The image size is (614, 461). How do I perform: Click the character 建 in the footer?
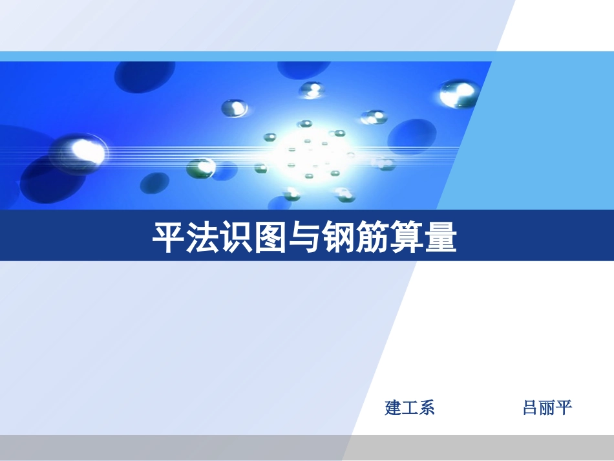click(393, 408)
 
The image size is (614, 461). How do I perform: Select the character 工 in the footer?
click(410, 408)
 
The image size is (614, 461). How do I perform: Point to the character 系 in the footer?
click(427, 408)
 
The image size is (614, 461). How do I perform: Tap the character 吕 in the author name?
click(531, 408)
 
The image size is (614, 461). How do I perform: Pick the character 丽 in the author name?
click(547, 408)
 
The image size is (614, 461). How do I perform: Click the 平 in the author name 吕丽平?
click(564, 408)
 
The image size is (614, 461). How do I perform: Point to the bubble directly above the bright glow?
click(313, 90)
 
